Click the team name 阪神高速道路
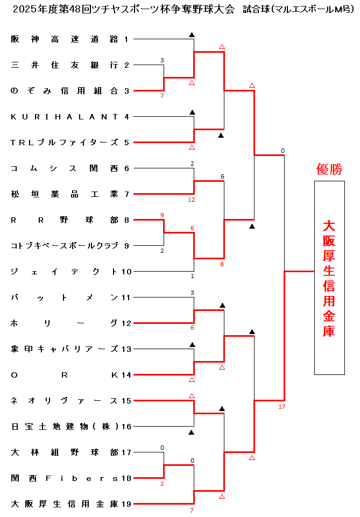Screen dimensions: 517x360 64,39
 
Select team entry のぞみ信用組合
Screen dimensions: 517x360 64,91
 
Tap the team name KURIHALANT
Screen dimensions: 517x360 64,116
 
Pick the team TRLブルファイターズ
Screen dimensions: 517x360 64,143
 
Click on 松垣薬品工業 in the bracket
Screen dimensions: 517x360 64,194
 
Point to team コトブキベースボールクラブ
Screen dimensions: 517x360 64,246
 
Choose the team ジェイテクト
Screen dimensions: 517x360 64,272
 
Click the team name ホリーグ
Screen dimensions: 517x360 64,323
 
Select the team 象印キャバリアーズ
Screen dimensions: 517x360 64,349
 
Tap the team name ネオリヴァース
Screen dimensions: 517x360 64,401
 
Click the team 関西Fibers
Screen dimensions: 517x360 64,478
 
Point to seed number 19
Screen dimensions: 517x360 126,504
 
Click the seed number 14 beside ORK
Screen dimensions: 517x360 126,375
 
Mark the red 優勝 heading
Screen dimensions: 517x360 329,170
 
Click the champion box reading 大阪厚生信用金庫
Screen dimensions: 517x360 329,278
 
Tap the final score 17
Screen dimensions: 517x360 282,407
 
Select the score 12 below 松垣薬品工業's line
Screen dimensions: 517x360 192,200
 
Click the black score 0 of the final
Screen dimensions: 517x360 282,151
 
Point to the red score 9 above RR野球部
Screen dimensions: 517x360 162,215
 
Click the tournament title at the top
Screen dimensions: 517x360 180,9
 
